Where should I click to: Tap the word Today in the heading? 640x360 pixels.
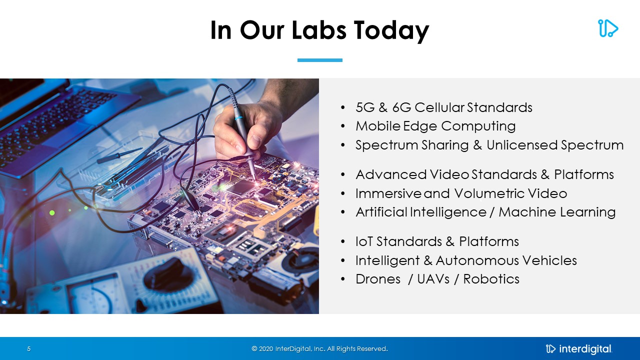pos(391,31)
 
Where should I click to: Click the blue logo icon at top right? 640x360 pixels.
pos(608,28)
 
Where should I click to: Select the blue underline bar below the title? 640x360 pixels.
pos(319,60)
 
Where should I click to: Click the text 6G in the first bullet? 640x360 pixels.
pos(401,107)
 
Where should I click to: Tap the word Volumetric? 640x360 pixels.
pos(489,193)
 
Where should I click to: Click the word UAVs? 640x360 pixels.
pos(433,279)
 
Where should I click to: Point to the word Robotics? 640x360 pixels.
pos(491,279)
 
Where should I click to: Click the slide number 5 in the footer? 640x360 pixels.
pos(28,348)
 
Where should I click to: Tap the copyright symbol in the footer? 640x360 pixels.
pos(254,348)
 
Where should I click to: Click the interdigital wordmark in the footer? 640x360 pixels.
pos(585,349)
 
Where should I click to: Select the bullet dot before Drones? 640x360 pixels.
pos(343,279)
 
